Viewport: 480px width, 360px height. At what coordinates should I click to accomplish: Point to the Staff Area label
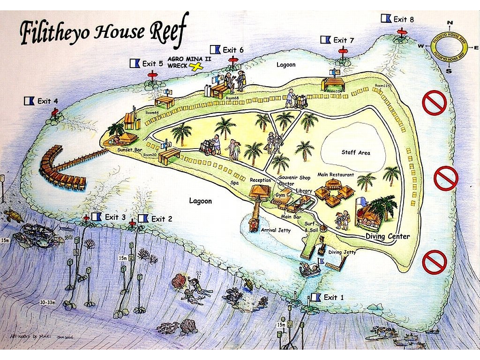pyautogui.click(x=355, y=153)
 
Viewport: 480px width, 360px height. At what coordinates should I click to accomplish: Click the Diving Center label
pyautogui.click(x=388, y=237)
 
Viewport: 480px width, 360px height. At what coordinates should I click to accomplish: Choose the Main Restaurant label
pyautogui.click(x=335, y=175)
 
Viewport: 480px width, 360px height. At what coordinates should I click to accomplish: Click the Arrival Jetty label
pyautogui.click(x=277, y=230)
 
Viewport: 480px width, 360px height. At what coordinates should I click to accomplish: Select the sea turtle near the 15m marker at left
pyautogui.click(x=13, y=216)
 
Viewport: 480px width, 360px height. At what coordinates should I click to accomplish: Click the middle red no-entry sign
pyautogui.click(x=445, y=178)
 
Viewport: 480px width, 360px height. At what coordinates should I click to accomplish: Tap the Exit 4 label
pyautogui.click(x=47, y=101)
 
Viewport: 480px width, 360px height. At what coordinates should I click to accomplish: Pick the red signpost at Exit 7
pyautogui.click(x=343, y=51)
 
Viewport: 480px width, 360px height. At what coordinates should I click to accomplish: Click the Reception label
pyautogui.click(x=261, y=180)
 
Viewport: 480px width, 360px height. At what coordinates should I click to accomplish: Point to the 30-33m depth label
pyautogui.click(x=48, y=302)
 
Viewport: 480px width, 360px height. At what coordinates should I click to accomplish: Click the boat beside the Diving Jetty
pyautogui.click(x=310, y=269)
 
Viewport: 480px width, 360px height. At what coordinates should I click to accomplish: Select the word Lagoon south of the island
pyautogui.click(x=200, y=201)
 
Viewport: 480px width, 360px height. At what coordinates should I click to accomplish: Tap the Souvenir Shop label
pyautogui.click(x=295, y=178)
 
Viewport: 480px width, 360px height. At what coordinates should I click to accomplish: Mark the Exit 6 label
pyautogui.click(x=232, y=50)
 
